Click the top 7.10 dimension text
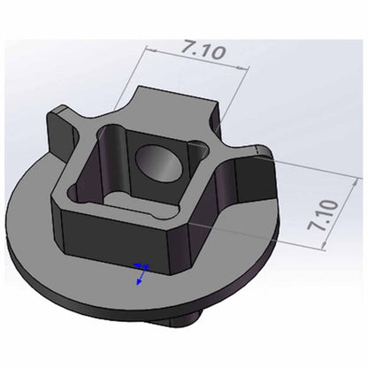click(x=203, y=50)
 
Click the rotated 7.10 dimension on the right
click(x=322, y=215)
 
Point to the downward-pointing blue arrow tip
click(x=138, y=284)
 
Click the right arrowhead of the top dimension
click(x=243, y=68)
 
